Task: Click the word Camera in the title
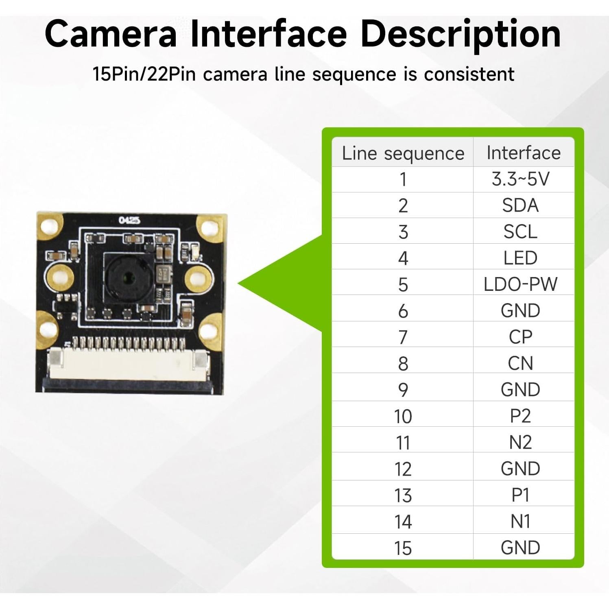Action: click(111, 34)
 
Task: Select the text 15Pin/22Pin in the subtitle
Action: click(144, 74)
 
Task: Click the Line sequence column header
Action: click(403, 153)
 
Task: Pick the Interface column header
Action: click(524, 153)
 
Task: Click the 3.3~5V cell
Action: click(520, 179)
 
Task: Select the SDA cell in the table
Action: click(520, 205)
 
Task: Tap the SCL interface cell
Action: click(520, 232)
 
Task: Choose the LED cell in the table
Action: click(520, 258)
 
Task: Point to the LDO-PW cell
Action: click(520, 284)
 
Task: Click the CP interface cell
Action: click(520, 337)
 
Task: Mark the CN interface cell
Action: click(520, 363)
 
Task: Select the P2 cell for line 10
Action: click(520, 416)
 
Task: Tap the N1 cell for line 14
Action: click(520, 522)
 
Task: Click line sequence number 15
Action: click(403, 548)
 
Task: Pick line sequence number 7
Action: click(403, 337)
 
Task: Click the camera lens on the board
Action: click(129, 279)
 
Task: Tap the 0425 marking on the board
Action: click(129, 220)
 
